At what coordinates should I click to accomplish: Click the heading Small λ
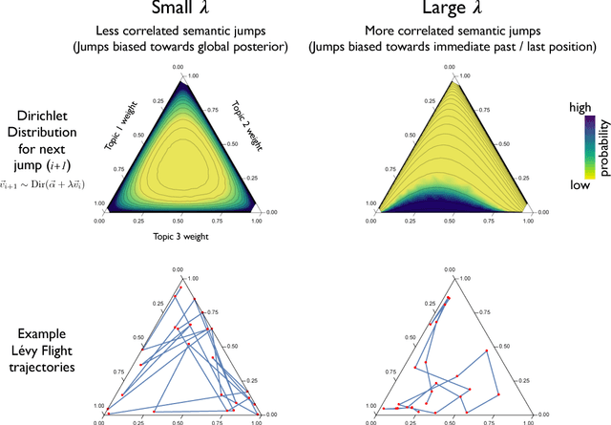[179, 12]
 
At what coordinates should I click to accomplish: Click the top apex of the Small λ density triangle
[179, 75]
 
